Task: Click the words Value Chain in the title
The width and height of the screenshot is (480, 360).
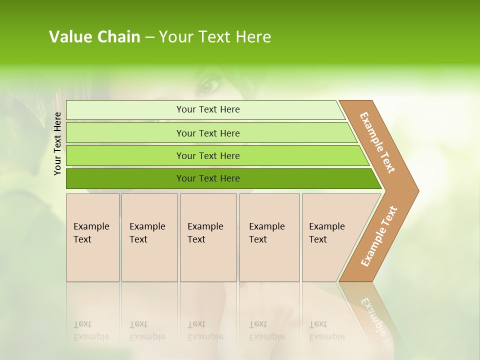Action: pos(94,37)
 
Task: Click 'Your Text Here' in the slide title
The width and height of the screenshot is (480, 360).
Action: pos(215,37)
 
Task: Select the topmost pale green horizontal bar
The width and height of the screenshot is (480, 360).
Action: pos(125,110)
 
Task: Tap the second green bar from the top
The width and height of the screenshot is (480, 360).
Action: pos(125,133)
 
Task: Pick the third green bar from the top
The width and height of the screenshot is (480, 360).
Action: pos(125,155)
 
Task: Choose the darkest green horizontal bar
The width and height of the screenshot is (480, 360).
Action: pos(125,178)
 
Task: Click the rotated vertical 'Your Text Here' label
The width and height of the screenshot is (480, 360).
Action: pos(57,143)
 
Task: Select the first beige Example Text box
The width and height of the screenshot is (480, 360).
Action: pos(92,237)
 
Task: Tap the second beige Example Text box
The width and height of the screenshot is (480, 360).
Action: pos(149,237)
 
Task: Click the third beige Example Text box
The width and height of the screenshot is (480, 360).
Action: pos(208,237)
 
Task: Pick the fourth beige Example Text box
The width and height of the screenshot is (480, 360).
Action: pos(269,237)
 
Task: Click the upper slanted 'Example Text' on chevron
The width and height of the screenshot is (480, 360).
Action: pos(377,142)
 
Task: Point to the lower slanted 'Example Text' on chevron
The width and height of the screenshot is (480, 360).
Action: pos(379,236)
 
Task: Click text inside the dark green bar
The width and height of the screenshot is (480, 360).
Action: pos(208,178)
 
